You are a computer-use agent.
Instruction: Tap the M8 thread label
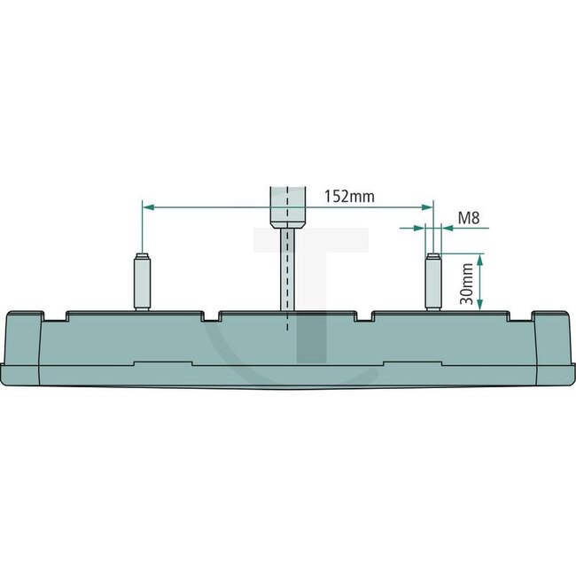pyautogui.click(x=470, y=217)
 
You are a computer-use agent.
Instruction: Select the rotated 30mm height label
pyautogui.click(x=467, y=282)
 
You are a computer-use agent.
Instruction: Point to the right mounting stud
pyautogui.click(x=433, y=282)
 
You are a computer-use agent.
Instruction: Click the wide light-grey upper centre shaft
pyautogui.click(x=287, y=206)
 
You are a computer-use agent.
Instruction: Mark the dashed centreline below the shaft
pyautogui.click(x=287, y=321)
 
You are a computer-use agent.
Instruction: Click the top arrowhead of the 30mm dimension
pyautogui.click(x=480, y=259)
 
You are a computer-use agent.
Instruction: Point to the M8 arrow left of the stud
pyautogui.click(x=419, y=228)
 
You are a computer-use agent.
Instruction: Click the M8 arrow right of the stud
pyautogui.click(x=448, y=228)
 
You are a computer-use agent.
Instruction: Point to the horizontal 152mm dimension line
pyautogui.click(x=213, y=206)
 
